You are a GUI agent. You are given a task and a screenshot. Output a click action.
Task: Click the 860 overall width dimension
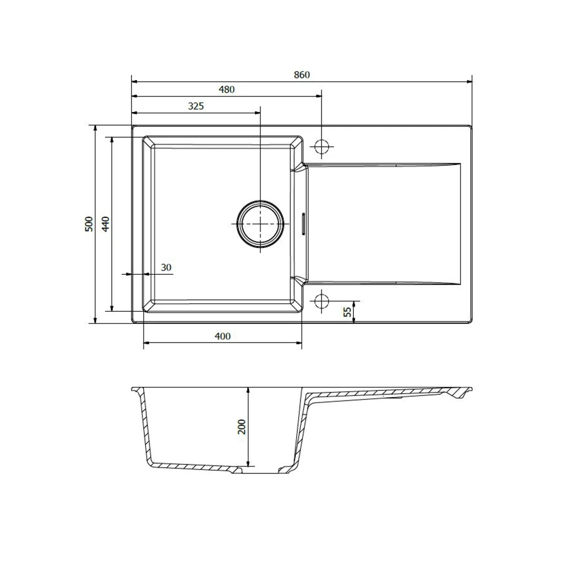tap(302, 75)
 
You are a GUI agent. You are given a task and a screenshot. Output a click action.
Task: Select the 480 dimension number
tap(226, 89)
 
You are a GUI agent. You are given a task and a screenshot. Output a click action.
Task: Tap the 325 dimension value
tap(196, 106)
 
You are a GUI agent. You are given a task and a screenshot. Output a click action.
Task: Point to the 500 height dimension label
tap(89, 224)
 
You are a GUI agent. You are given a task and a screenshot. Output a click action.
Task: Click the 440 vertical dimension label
tap(105, 224)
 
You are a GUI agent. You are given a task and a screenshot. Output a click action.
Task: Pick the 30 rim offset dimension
tap(166, 267)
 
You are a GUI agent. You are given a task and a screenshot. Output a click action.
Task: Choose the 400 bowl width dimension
tap(222, 336)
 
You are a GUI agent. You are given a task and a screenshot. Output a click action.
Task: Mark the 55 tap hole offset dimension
tap(348, 312)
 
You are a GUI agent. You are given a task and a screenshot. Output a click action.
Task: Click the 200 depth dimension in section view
tap(241, 427)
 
